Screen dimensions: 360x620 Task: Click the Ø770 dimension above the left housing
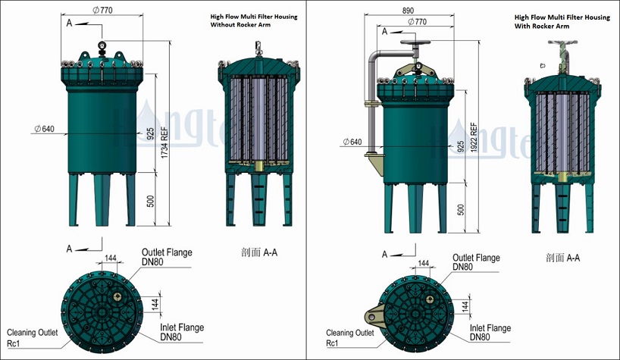coord(101,11)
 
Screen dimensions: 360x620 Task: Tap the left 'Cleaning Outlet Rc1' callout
coord(32,337)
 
